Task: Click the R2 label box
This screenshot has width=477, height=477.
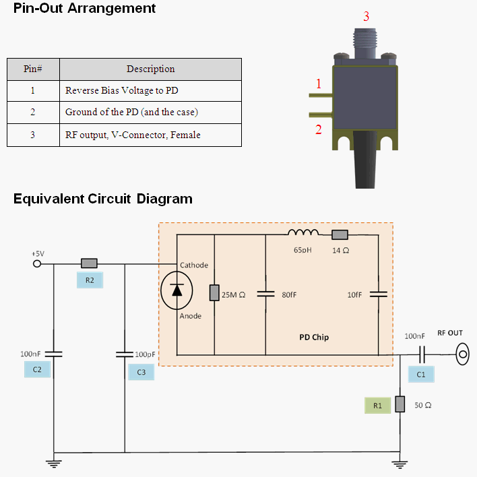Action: pyautogui.click(x=90, y=280)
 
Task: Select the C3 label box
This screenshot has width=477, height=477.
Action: pyautogui.click(x=141, y=372)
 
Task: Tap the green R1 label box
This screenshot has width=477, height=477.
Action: pyautogui.click(x=377, y=405)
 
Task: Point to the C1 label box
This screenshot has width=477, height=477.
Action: pyautogui.click(x=421, y=374)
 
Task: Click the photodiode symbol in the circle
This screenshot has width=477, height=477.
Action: pyautogui.click(x=177, y=290)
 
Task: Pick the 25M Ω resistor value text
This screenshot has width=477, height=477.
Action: pyautogui.click(x=233, y=295)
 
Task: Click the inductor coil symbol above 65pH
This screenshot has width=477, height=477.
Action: pyautogui.click(x=303, y=232)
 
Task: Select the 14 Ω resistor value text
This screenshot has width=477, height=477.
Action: pyautogui.click(x=341, y=251)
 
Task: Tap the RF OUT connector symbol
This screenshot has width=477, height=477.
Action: pyautogui.click(x=462, y=354)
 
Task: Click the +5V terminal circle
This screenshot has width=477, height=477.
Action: pyautogui.click(x=37, y=263)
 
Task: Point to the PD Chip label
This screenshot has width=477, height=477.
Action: pyautogui.click(x=314, y=338)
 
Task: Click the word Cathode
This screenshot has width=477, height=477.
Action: pyautogui.click(x=194, y=265)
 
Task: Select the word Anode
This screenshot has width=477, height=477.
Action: pyautogui.click(x=191, y=316)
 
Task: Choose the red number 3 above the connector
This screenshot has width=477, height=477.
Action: pyautogui.click(x=367, y=16)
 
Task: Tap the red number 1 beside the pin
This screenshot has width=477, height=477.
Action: pyautogui.click(x=319, y=84)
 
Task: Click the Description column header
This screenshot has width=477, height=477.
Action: pyautogui.click(x=151, y=69)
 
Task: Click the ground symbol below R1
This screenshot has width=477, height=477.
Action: pyautogui.click(x=400, y=464)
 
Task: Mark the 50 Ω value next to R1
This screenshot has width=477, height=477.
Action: pyautogui.click(x=423, y=405)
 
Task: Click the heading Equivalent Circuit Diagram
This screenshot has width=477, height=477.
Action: pyautogui.click(x=103, y=199)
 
